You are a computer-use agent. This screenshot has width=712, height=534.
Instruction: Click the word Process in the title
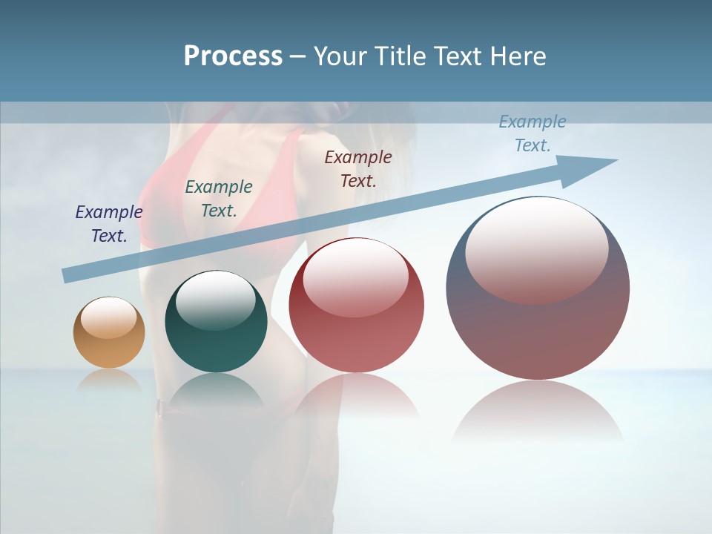point(233,56)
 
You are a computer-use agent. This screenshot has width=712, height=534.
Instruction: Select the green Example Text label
point(218,199)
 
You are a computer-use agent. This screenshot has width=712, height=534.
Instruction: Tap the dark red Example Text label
point(358,168)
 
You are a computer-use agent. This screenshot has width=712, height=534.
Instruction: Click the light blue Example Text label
point(532,133)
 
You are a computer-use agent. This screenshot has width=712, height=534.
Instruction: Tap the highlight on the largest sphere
point(536,248)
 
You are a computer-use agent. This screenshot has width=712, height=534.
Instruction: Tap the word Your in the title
point(339,56)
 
